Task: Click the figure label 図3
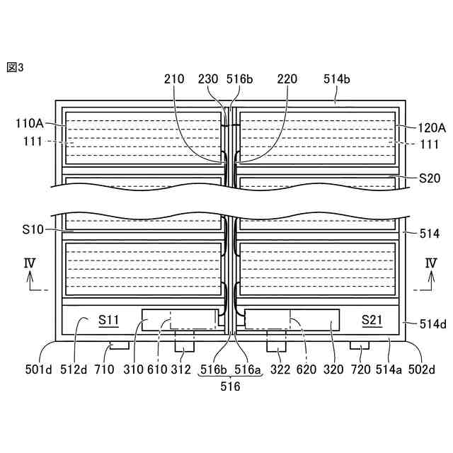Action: pos(15,67)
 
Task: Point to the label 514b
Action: pos(337,79)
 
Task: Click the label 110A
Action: pos(29,122)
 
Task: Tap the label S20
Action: pos(430,178)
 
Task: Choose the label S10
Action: pos(33,231)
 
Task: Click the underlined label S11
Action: pos(108,321)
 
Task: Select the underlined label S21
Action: pos(372,321)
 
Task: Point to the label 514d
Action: pos(432,324)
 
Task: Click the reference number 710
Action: pos(103,368)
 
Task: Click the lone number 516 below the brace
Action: pos(231,386)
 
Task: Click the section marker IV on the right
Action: pos(430,264)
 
